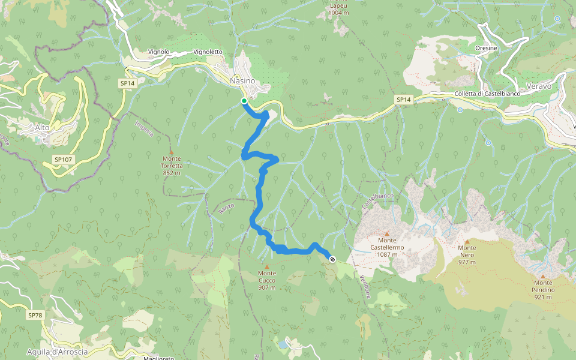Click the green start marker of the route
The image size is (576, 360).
[244, 101]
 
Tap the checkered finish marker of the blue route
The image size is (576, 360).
[332, 259]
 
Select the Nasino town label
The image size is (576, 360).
[242, 80]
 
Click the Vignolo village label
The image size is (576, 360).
[158, 52]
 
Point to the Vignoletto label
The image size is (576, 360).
[208, 52]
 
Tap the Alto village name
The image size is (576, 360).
[42, 127]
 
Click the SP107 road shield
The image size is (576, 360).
[62, 160]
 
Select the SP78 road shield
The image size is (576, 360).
[35, 315]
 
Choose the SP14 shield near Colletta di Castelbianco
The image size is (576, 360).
[404, 99]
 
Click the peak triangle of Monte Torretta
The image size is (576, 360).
[171, 152]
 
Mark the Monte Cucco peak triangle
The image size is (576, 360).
[267, 266]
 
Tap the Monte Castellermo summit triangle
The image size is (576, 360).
[387, 233]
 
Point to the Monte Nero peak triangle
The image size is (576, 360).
[467, 241]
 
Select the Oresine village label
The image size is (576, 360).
[486, 49]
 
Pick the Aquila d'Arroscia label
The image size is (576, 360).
[58, 352]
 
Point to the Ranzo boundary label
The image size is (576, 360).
[226, 208]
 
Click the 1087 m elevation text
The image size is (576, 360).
[387, 254]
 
